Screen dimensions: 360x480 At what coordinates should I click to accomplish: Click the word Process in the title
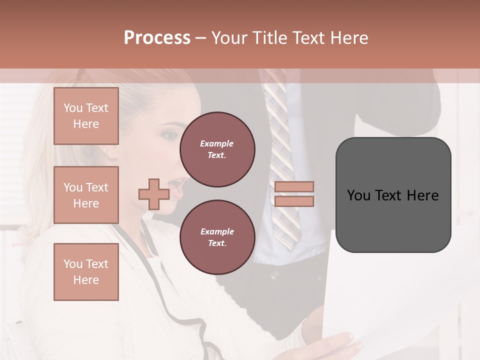click(x=157, y=38)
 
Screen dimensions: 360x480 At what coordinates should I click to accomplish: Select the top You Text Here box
click(x=86, y=116)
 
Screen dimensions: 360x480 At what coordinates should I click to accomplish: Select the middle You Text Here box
click(x=86, y=195)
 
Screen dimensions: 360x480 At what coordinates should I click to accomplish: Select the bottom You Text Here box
click(x=86, y=271)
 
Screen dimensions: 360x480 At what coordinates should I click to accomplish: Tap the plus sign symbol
click(x=153, y=194)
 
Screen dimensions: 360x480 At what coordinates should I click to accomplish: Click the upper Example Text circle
click(x=217, y=149)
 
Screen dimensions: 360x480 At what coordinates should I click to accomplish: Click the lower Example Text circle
click(x=217, y=237)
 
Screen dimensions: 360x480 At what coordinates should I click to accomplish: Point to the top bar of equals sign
click(x=294, y=186)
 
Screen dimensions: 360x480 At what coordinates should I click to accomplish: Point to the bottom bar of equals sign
click(x=294, y=201)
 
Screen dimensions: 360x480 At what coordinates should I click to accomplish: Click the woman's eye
click(x=169, y=135)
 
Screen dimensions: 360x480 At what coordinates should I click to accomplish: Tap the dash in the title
click(x=201, y=38)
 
